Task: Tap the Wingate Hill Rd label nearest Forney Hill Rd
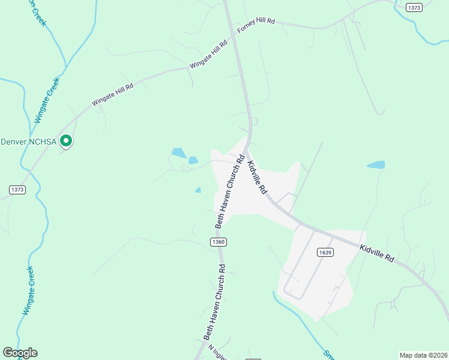click(x=209, y=54)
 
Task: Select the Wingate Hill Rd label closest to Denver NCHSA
click(x=112, y=95)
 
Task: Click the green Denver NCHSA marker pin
click(x=67, y=141)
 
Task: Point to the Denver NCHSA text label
click(x=29, y=142)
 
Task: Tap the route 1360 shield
click(x=218, y=241)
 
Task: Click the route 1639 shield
click(x=324, y=253)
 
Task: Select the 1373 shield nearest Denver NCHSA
click(x=17, y=189)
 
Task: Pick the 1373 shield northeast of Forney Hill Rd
click(x=414, y=7)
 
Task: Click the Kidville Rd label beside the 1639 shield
click(x=377, y=253)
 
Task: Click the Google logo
click(x=20, y=353)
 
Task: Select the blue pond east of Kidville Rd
click(x=376, y=164)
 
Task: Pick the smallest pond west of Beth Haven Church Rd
click(x=198, y=190)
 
